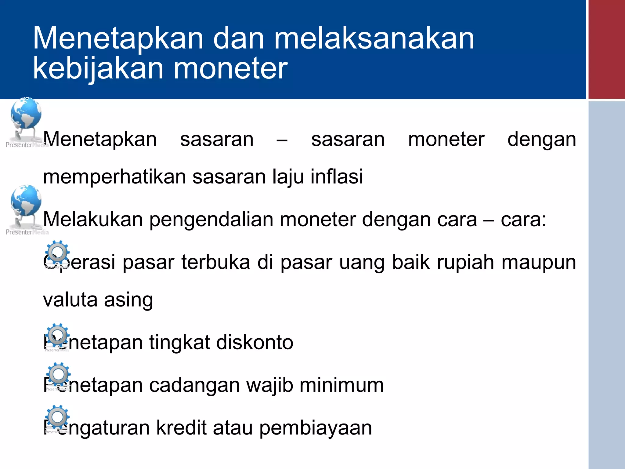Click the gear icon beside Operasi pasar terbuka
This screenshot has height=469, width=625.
coord(57,253)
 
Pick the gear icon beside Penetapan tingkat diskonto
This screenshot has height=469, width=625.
coord(57,335)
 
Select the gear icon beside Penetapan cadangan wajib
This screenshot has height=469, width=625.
coord(58,375)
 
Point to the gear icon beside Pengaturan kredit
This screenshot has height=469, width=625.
coord(57,417)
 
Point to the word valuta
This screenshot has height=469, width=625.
coord(70,300)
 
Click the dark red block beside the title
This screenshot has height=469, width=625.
coord(606,49)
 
